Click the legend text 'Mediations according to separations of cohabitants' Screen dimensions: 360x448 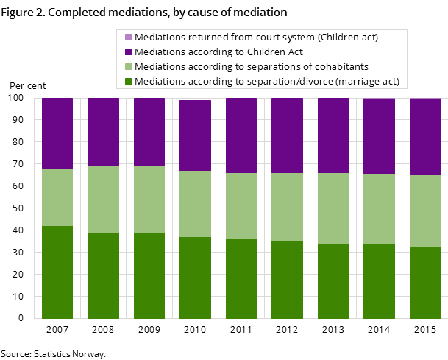(x=252, y=66)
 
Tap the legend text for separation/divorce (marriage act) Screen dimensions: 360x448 (x=267, y=81)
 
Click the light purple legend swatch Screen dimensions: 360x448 (x=129, y=37)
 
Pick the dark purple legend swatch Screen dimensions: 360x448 (x=129, y=52)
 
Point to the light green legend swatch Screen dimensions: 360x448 (x=129, y=66)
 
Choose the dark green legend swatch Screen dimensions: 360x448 (x=129, y=81)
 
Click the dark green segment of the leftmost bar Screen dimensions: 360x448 (x=57, y=272)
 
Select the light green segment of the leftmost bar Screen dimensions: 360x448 (x=57, y=197)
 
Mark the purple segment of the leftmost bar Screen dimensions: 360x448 (x=57, y=133)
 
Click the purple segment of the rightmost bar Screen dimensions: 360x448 (x=425, y=137)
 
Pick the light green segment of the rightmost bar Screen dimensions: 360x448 (x=425, y=211)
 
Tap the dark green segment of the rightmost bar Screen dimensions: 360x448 (x=425, y=283)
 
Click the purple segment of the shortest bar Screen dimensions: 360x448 (x=195, y=135)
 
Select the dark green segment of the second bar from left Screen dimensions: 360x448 (x=103, y=275)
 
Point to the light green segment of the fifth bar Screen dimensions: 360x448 (x=241, y=206)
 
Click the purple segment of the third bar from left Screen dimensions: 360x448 (x=149, y=133)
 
